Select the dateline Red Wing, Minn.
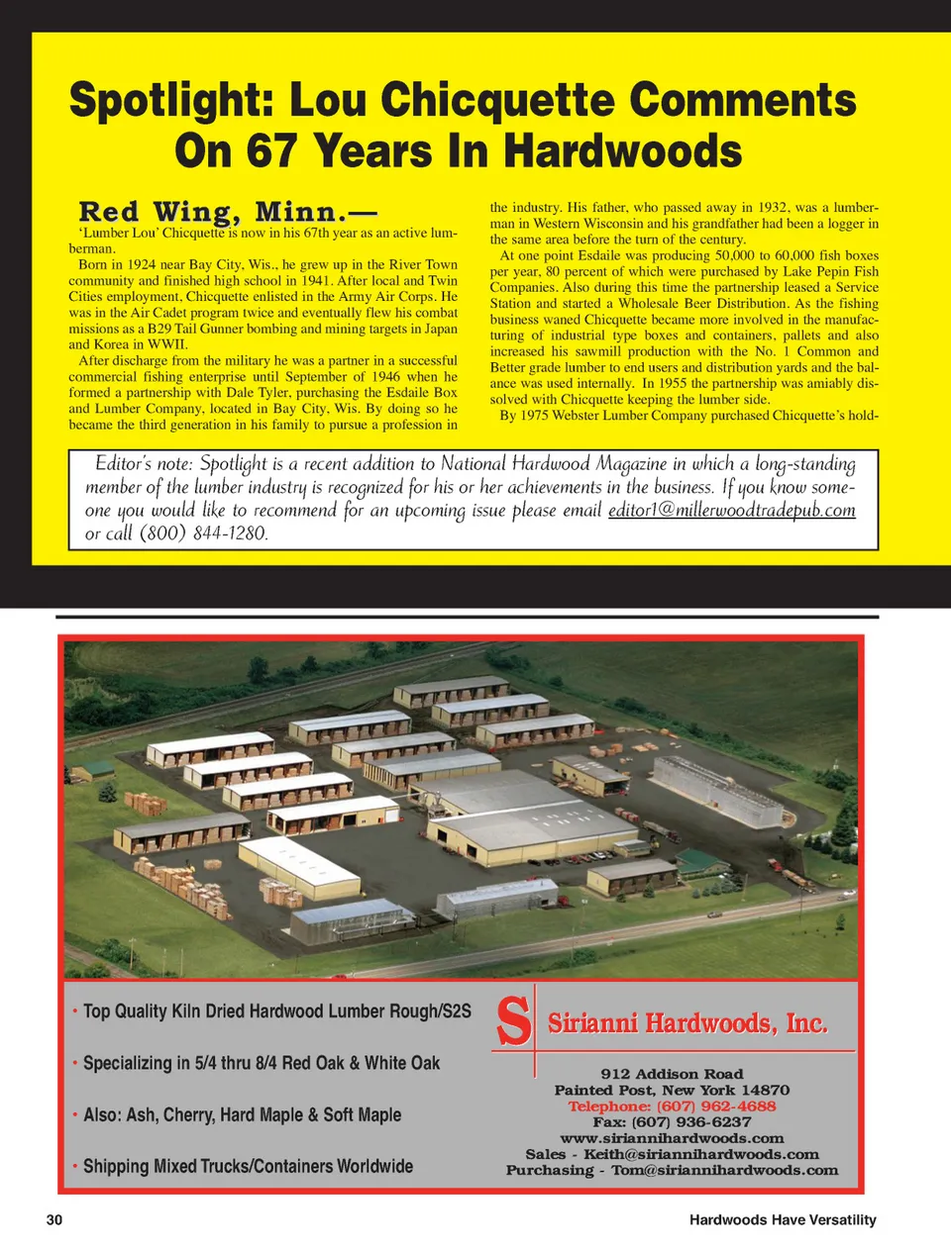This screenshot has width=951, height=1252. (x=227, y=213)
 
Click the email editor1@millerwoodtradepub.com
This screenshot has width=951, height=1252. (x=731, y=511)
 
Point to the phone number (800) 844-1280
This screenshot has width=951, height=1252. (x=203, y=533)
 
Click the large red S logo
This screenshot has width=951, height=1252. (x=513, y=1022)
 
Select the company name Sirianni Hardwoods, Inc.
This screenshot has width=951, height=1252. (x=687, y=1023)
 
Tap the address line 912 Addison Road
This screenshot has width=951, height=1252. (x=672, y=1074)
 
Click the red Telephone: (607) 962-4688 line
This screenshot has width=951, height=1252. (x=672, y=1107)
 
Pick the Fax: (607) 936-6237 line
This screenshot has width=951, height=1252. (x=672, y=1122)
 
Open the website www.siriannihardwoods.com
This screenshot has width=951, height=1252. (x=672, y=1138)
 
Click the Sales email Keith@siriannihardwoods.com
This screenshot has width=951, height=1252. (x=700, y=1154)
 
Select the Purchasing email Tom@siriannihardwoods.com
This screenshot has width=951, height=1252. (x=724, y=1170)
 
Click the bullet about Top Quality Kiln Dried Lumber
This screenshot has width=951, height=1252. (x=276, y=1011)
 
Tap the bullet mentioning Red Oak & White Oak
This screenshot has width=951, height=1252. (x=262, y=1063)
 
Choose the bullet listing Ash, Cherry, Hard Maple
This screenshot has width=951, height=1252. (x=242, y=1115)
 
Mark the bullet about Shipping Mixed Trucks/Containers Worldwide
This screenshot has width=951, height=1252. (x=248, y=1167)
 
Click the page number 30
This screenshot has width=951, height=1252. (x=54, y=1220)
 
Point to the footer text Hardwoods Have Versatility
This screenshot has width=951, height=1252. (x=783, y=1220)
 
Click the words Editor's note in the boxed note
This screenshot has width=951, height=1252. (x=143, y=463)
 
